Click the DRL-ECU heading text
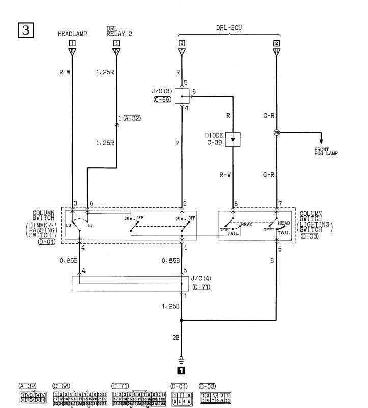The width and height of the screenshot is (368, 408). pos(227,29)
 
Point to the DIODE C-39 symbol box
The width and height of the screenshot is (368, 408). pos(233,138)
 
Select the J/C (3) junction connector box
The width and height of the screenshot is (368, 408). pos(182,95)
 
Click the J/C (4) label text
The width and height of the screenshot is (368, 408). pos(199,278)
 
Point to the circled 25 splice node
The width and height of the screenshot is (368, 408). pos(276,133)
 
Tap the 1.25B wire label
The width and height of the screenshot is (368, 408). pos(170,306)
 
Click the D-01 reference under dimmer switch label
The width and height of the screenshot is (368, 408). pos(46,243)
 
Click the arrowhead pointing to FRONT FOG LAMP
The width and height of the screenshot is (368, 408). pos(321,142)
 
